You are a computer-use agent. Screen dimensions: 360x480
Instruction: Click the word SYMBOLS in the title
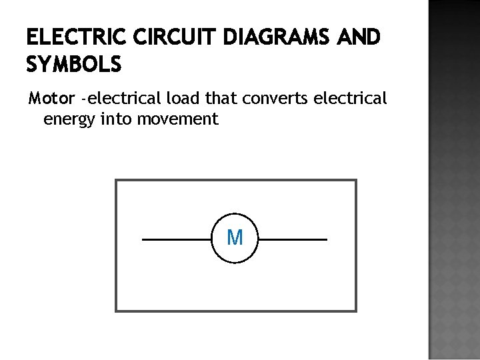pyautogui.click(x=74, y=65)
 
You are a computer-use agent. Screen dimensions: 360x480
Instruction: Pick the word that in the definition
pyautogui.click(x=220, y=99)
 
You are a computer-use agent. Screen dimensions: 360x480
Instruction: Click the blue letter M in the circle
pyautogui.click(x=235, y=237)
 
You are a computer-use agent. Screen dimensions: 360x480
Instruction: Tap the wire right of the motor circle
pyautogui.click(x=293, y=239)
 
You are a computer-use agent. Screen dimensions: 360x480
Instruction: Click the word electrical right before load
pyautogui.click(x=124, y=99)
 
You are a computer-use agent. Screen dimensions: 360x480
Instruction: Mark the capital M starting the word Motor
pyautogui.click(x=35, y=99)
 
